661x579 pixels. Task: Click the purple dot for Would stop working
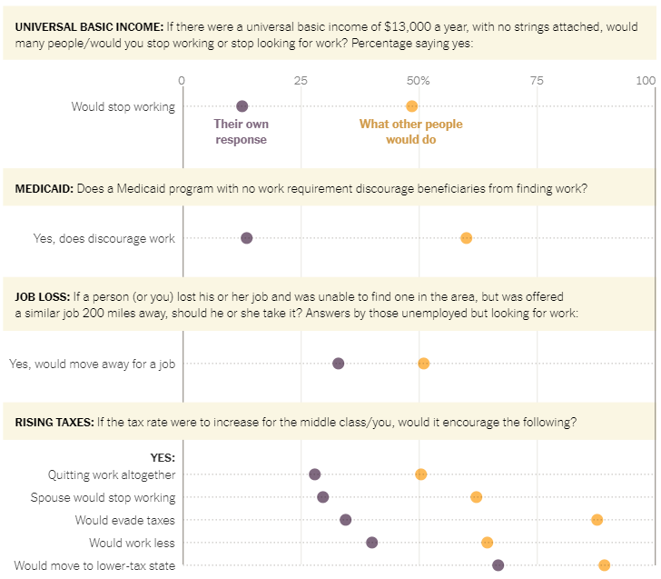(242, 106)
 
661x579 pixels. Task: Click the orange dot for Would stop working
(411, 106)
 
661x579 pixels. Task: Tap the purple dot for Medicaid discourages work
(246, 238)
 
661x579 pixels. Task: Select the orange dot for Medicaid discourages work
(466, 238)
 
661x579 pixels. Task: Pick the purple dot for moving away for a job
(338, 364)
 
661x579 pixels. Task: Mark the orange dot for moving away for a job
(423, 364)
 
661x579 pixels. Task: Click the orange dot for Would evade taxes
(597, 520)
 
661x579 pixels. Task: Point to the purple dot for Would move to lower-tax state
(498, 565)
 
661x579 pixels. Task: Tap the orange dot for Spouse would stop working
(476, 497)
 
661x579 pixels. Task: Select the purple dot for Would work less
(371, 543)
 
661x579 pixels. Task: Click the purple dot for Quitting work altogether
(314, 474)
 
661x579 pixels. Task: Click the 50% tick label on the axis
(419, 81)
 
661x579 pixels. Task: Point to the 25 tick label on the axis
(301, 81)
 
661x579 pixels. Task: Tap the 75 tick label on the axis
(537, 81)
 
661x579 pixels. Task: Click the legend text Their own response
(242, 132)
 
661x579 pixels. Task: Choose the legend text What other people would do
(410, 132)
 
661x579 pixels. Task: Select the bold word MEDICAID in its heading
(44, 189)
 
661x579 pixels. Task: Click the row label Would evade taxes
(125, 520)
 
